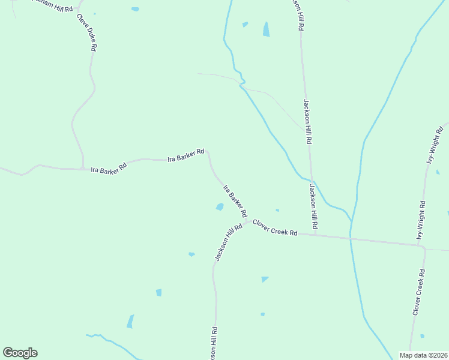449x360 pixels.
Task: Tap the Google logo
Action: [20, 353]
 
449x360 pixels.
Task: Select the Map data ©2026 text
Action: [423, 355]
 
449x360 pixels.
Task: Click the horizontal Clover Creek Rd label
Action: [275, 228]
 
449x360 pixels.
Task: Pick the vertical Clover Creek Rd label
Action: [419, 292]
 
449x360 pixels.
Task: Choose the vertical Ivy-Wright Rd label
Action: [421, 220]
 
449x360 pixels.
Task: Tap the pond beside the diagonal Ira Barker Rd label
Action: [220, 207]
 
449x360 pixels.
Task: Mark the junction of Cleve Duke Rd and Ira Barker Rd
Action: [83, 169]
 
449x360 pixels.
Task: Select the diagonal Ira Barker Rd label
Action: [235, 201]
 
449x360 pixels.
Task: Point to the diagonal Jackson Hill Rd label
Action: [228, 242]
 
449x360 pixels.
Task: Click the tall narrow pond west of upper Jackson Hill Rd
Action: [266, 29]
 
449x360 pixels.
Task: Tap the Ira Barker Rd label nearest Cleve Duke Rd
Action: [109, 167]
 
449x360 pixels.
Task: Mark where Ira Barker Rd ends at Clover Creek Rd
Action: [247, 221]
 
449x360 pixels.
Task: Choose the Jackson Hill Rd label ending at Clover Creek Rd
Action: [313, 208]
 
